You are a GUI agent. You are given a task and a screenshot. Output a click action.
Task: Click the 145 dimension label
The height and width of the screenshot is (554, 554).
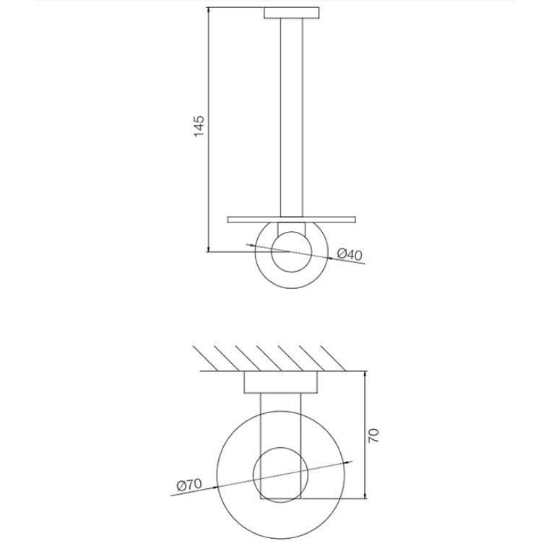point(199,126)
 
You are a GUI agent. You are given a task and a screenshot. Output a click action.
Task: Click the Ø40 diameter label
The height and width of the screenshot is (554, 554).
point(350,254)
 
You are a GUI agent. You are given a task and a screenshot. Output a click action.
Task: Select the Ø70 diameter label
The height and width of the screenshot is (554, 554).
point(189,485)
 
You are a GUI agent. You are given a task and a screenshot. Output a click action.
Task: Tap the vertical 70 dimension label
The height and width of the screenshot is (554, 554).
point(373,436)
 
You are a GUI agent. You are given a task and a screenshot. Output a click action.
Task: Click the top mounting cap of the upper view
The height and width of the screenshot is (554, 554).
point(292,13)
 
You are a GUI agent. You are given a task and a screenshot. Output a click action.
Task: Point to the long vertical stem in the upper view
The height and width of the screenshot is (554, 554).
point(292,117)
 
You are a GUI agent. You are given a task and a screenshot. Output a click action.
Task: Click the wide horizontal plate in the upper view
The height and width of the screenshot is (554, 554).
point(292,220)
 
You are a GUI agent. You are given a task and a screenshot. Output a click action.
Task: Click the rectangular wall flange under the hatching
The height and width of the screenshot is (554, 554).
point(281,382)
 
